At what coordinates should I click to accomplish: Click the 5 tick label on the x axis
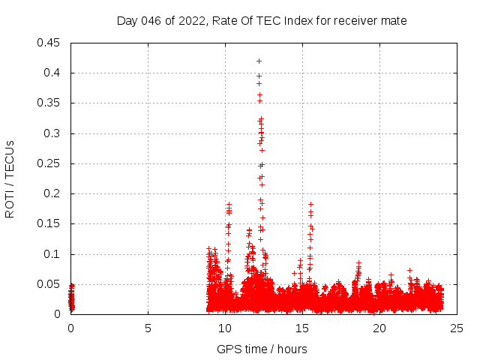[x=148, y=328]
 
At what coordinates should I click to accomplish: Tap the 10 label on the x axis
[x=225, y=328]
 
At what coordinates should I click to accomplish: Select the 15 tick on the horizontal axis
[x=302, y=328]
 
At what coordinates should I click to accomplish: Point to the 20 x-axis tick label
[x=379, y=328]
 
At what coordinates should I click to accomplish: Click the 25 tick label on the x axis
[x=457, y=328]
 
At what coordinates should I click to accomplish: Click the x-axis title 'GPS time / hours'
[x=262, y=349]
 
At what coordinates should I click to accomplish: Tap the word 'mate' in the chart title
[x=394, y=20]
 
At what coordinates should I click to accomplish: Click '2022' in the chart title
[x=192, y=20]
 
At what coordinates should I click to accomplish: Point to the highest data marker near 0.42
[x=259, y=61]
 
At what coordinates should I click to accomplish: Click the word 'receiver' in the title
[x=357, y=20]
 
